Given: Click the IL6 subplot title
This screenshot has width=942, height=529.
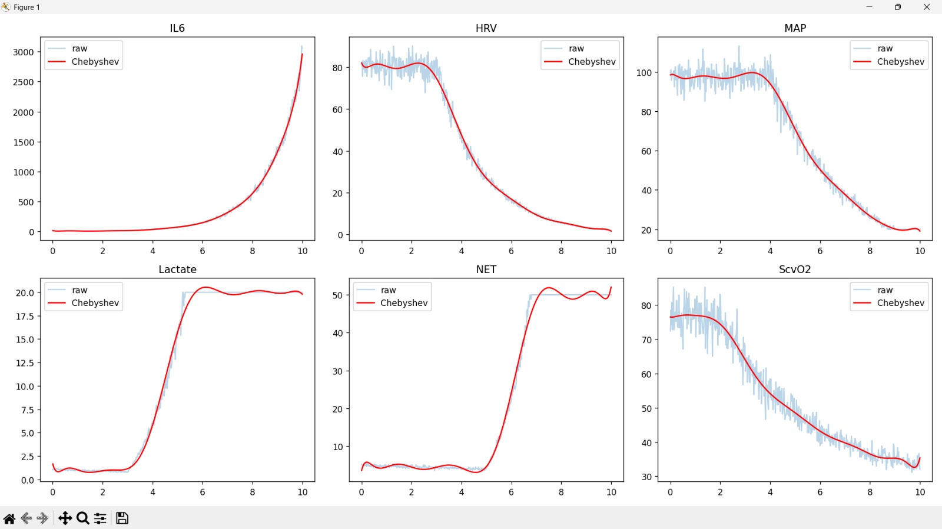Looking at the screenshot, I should [177, 28].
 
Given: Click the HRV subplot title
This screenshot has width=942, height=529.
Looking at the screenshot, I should [486, 28].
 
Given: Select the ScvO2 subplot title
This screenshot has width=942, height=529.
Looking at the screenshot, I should [795, 270].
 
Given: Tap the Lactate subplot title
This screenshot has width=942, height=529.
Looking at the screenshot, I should [177, 270].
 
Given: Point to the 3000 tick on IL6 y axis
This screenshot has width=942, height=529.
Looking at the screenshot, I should [24, 52].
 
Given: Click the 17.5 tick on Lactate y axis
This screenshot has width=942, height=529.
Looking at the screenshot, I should [25, 316].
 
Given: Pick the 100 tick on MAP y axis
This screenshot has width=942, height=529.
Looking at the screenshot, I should [644, 73].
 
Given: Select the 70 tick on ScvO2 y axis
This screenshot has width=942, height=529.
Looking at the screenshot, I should [646, 340].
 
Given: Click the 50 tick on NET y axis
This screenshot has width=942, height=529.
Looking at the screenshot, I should [337, 295].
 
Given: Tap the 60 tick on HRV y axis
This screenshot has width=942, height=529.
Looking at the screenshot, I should [337, 109].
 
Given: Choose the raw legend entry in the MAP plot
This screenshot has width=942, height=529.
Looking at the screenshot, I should [884, 49].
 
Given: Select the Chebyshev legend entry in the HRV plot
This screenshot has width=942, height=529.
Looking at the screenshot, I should [591, 62].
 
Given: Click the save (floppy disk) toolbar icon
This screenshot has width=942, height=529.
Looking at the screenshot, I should [122, 518].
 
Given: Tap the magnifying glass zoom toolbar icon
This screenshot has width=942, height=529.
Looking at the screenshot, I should [83, 518].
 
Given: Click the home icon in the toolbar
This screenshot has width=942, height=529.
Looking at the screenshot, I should [9, 518].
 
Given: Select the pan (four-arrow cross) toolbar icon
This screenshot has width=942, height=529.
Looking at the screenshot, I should [65, 518].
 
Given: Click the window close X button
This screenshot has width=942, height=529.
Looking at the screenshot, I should [927, 7].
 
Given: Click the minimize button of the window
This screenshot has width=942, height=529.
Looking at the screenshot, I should [869, 7].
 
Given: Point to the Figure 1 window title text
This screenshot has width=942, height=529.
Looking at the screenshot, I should [26, 7].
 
